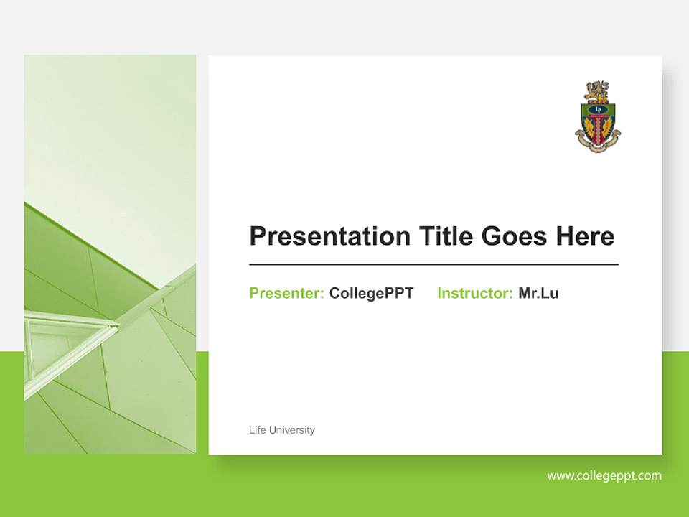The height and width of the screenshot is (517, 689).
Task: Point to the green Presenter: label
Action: (x=286, y=293)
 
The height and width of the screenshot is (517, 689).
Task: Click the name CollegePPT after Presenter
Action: (x=371, y=293)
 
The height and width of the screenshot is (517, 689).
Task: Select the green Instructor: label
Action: (x=474, y=293)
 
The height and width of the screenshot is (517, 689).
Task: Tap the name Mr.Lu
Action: (x=538, y=293)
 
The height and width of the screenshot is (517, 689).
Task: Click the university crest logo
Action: (x=598, y=116)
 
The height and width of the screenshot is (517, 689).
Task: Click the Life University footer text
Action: (x=281, y=430)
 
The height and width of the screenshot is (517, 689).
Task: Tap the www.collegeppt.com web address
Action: (x=604, y=475)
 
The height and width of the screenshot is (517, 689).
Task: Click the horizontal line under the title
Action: (x=433, y=265)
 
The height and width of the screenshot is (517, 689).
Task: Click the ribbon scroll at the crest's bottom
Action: (x=598, y=146)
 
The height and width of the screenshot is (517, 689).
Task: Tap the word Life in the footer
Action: (x=257, y=430)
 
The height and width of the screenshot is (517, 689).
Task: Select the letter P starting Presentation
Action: (x=257, y=236)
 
